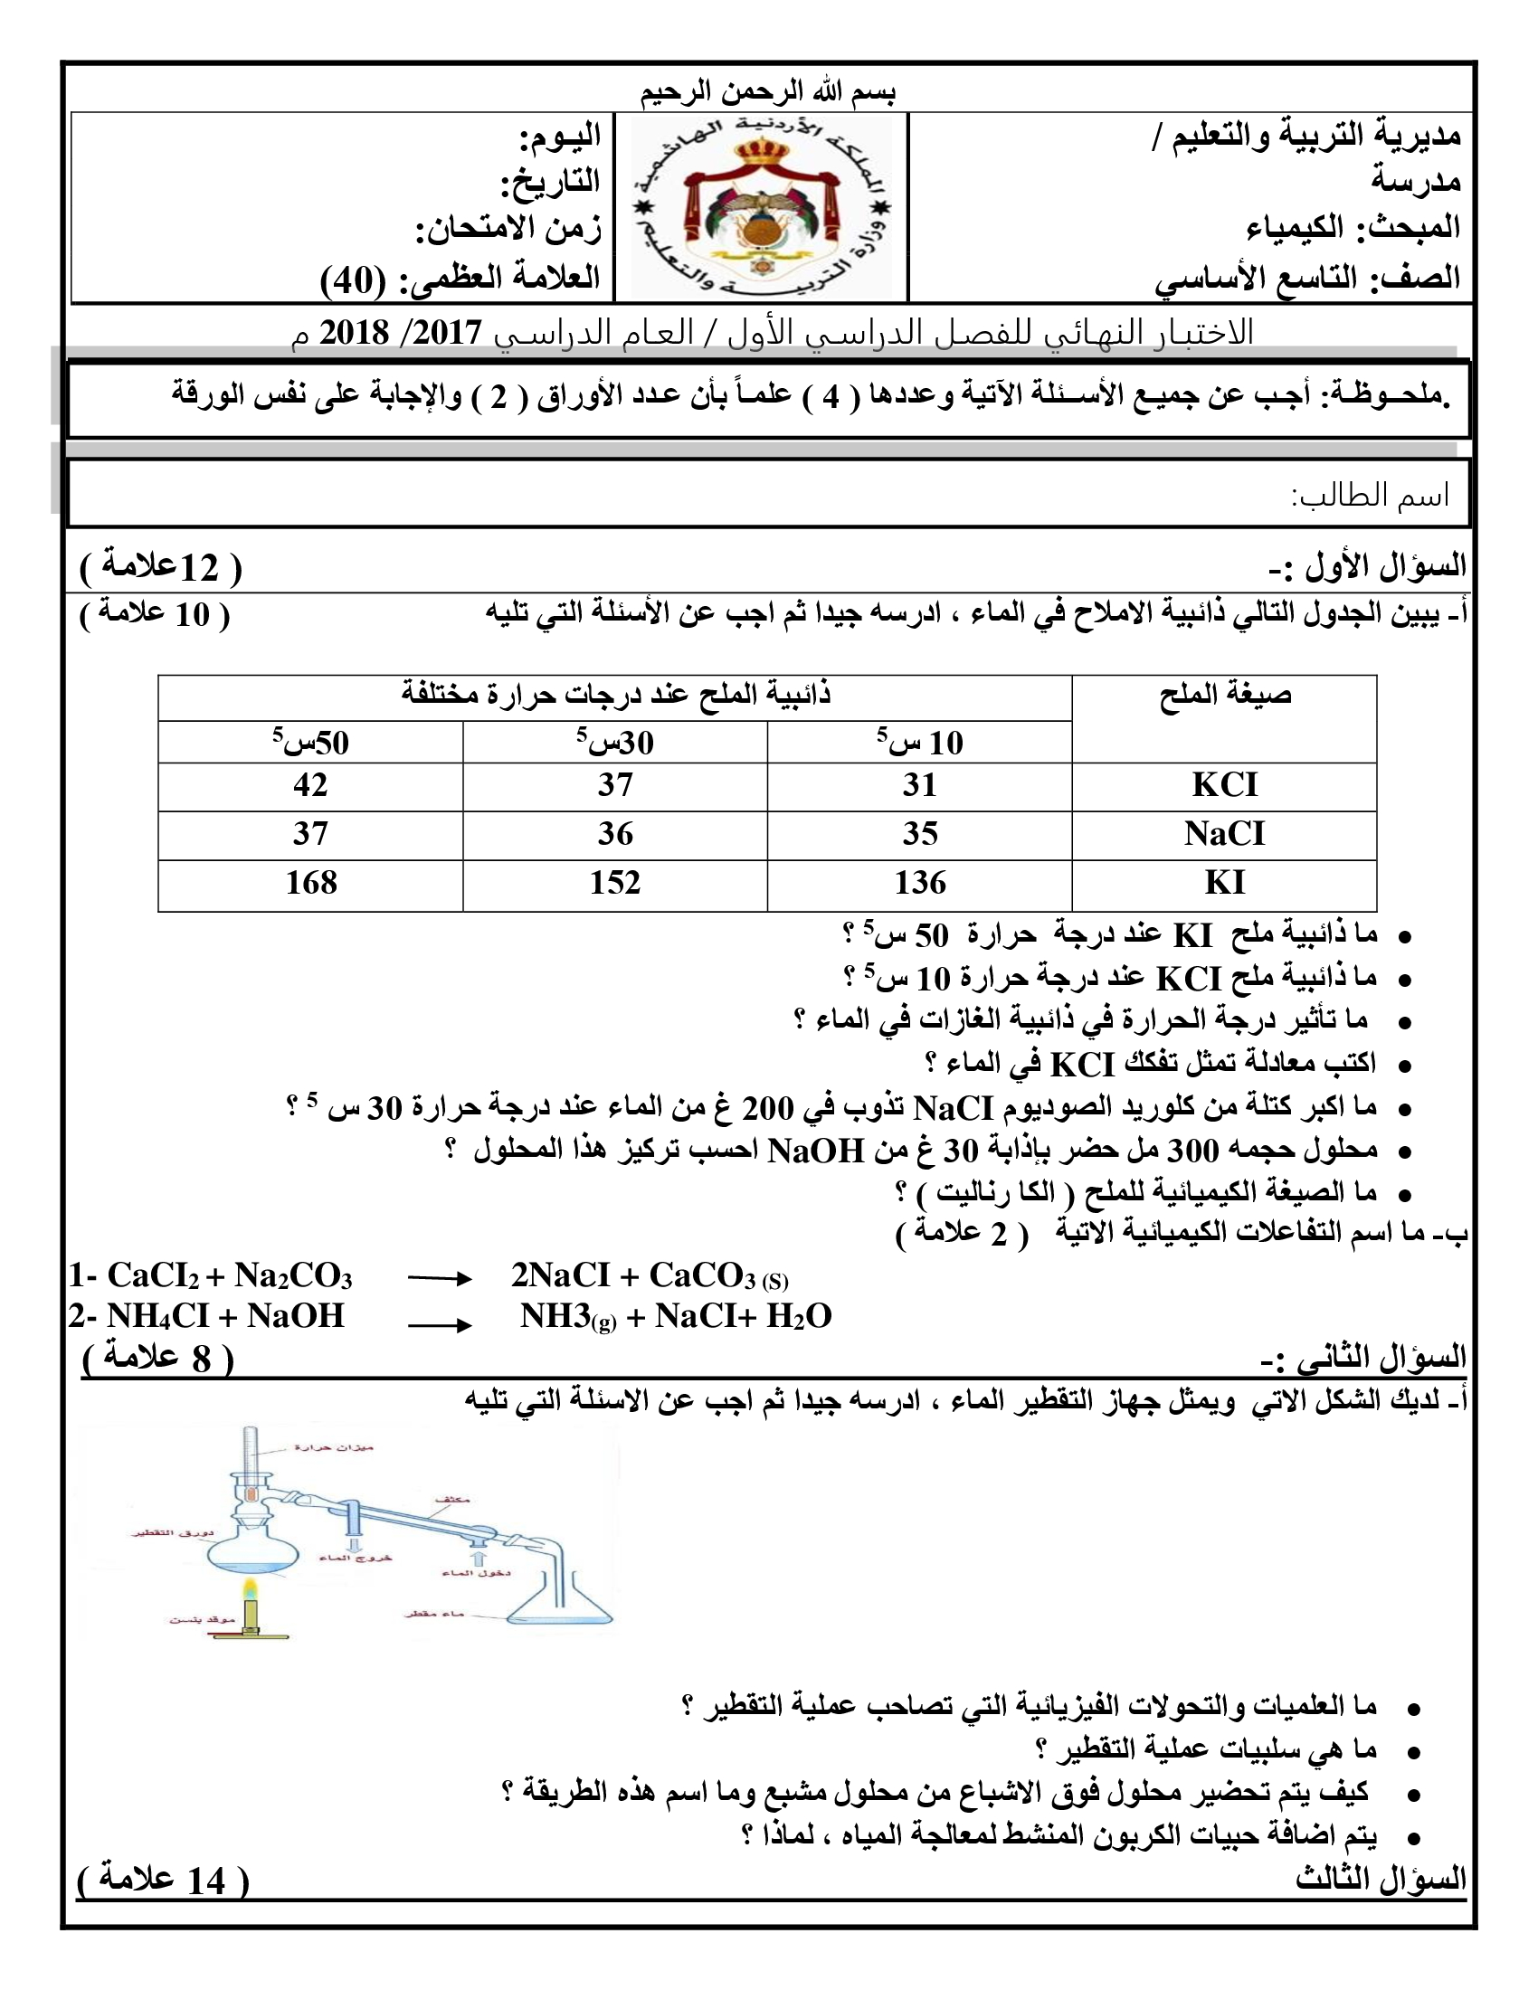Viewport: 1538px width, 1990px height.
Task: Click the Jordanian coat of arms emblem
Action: point(762,208)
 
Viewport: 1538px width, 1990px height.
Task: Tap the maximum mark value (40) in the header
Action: point(354,280)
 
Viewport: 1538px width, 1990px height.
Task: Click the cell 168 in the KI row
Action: point(310,883)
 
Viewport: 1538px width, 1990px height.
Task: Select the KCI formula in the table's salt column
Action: point(1224,785)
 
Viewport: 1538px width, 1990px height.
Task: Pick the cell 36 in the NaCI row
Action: point(615,834)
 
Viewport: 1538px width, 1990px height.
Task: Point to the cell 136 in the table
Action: point(919,883)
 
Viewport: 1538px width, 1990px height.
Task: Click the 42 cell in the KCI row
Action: point(310,785)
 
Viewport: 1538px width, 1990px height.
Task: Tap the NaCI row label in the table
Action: point(1224,834)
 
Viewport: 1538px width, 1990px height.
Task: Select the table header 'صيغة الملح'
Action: point(1225,696)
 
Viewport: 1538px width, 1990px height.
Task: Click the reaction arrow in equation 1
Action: point(439,1279)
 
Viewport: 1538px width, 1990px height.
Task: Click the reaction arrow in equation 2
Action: point(439,1325)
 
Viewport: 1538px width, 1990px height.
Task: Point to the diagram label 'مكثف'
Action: point(452,1499)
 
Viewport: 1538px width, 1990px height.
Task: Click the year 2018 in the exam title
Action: point(354,334)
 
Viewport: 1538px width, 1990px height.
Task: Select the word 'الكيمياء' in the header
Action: point(1295,228)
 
